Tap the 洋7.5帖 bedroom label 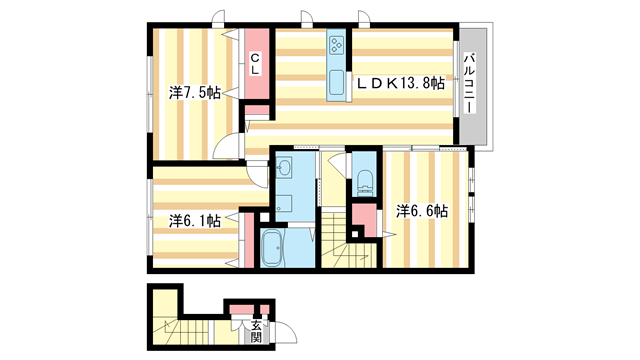[194, 93]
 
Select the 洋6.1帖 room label [194, 220]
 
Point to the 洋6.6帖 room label [421, 211]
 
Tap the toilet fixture [364, 181]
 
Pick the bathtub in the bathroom [272, 248]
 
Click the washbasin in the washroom [283, 167]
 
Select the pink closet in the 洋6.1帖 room [246, 238]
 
